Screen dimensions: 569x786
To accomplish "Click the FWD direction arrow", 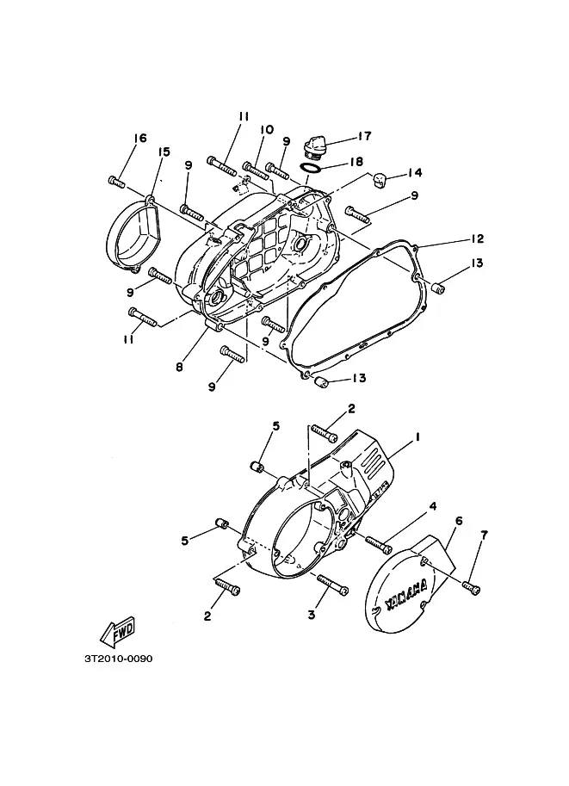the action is (118, 632).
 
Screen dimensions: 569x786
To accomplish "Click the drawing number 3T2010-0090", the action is (118, 659).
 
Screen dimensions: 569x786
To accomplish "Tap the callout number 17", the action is (364, 136).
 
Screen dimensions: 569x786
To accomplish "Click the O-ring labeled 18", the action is (311, 167).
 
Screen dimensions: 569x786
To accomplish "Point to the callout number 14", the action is (414, 172).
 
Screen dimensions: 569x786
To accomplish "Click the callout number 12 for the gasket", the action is (477, 238).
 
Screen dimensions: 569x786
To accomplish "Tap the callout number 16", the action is (140, 138).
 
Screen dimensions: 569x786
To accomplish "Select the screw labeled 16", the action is (116, 182).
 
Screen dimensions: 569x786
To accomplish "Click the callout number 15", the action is (164, 152).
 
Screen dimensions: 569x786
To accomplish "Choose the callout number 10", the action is (267, 130).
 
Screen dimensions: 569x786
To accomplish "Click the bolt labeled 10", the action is (256, 171).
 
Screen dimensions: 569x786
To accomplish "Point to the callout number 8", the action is (179, 367).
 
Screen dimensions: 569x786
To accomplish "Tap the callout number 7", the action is (484, 535).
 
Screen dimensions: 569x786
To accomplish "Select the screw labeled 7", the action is (471, 587).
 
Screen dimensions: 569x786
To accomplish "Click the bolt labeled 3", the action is (332, 585).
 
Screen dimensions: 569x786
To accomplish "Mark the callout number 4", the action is (433, 506).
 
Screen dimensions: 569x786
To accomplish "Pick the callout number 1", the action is (417, 437).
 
